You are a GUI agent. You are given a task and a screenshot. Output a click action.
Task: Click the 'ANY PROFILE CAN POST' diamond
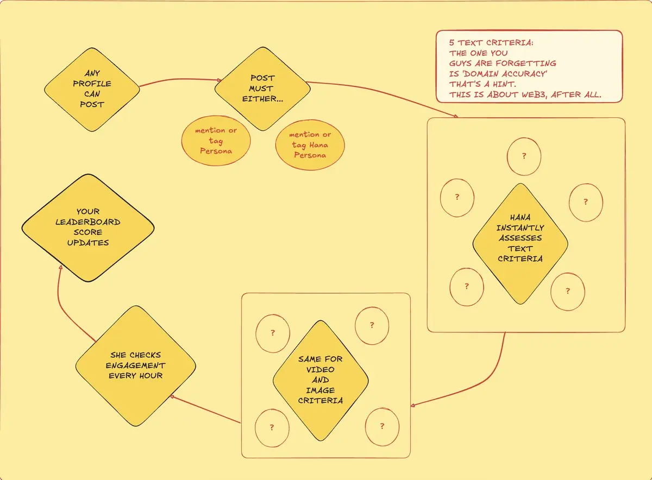click(x=91, y=89)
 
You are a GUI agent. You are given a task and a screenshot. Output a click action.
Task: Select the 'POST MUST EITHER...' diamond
click(x=262, y=89)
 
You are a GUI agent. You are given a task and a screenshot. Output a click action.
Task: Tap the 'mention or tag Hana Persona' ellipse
click(x=311, y=144)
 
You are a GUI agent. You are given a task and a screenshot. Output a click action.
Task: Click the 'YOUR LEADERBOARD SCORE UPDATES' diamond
click(x=87, y=228)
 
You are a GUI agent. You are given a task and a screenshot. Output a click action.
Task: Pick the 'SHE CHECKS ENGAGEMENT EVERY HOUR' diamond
click(x=135, y=365)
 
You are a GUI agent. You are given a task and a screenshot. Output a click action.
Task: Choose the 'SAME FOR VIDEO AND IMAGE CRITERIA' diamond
click(x=320, y=380)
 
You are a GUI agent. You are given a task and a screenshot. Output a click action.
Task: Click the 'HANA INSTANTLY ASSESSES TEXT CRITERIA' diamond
click(x=520, y=243)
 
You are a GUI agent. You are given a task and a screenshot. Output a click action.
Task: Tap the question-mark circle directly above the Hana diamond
click(x=524, y=156)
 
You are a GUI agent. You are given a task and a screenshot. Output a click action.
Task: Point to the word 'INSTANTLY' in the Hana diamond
click(x=520, y=228)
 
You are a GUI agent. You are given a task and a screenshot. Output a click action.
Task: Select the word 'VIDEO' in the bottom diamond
click(x=321, y=370)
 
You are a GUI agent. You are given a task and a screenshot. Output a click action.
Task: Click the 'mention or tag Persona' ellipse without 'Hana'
click(x=216, y=141)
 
